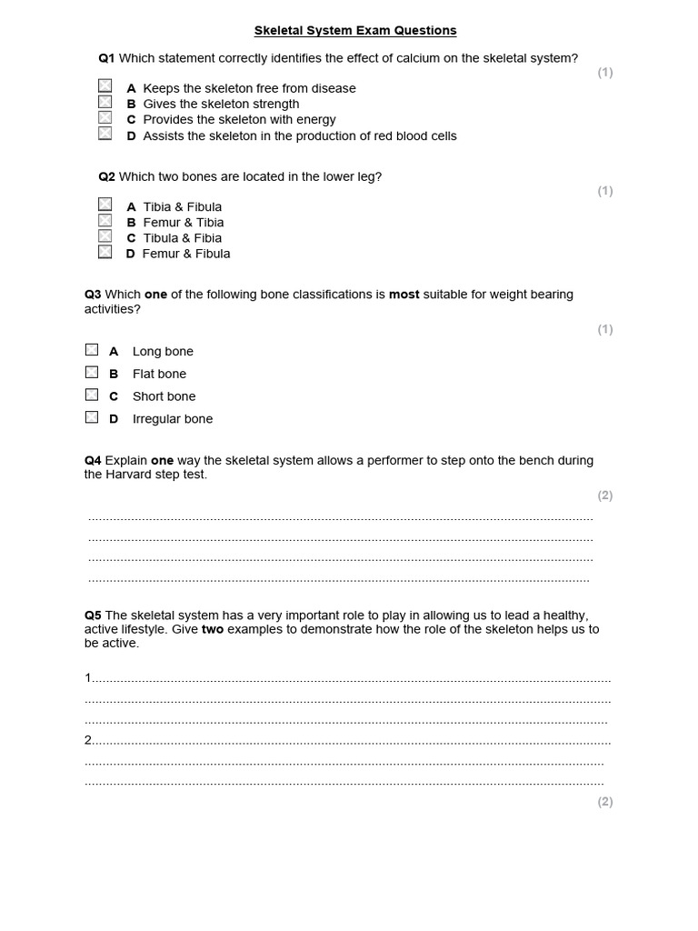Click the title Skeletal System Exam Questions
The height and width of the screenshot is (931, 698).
click(355, 31)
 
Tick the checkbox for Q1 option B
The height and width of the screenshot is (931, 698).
click(105, 103)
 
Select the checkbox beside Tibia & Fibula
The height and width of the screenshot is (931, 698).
click(105, 205)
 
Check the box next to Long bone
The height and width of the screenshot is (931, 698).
click(92, 350)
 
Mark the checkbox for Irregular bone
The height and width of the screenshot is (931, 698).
click(92, 418)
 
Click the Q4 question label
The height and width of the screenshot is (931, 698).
click(93, 461)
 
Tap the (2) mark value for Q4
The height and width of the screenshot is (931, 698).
click(604, 496)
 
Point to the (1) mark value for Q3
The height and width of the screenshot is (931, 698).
click(604, 329)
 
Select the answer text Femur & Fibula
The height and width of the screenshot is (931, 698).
click(186, 254)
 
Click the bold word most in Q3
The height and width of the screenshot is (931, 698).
click(404, 295)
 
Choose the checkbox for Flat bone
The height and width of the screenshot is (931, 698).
click(92, 373)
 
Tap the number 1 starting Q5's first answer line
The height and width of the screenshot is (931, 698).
click(88, 678)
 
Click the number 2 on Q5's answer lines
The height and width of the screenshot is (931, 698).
click(88, 740)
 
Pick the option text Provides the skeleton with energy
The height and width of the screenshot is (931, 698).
click(239, 119)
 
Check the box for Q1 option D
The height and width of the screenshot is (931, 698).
click(105, 135)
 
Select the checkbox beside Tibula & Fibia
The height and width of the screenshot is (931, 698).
click(105, 237)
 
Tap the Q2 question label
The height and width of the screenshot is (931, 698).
click(106, 176)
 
